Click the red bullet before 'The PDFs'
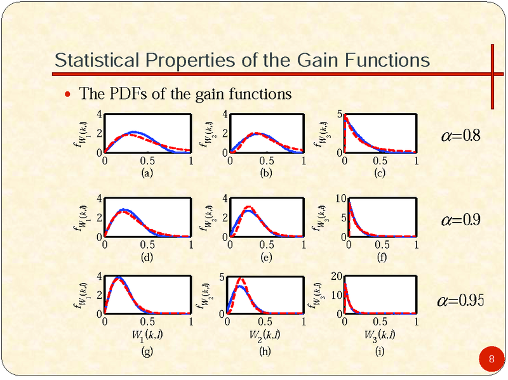coord(69,95)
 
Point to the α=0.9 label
coord(461,219)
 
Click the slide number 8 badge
coord(491,360)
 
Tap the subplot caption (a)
coord(147,173)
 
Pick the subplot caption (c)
coord(379,173)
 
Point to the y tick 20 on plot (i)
coord(336,277)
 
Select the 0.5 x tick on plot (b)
coord(265,161)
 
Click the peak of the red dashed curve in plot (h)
coord(241,279)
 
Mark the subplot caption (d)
coord(147,257)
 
